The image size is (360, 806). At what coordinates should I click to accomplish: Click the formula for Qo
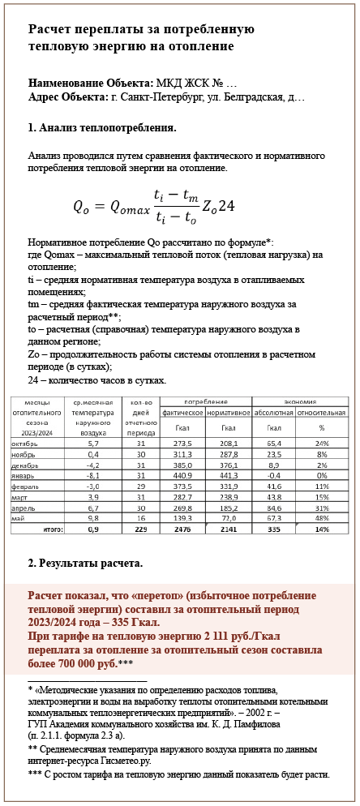coord(154,206)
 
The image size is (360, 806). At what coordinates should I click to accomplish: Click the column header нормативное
coord(228,412)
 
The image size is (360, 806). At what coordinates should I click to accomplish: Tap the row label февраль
coord(24,487)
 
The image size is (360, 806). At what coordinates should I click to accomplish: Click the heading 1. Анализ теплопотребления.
coord(102,127)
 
